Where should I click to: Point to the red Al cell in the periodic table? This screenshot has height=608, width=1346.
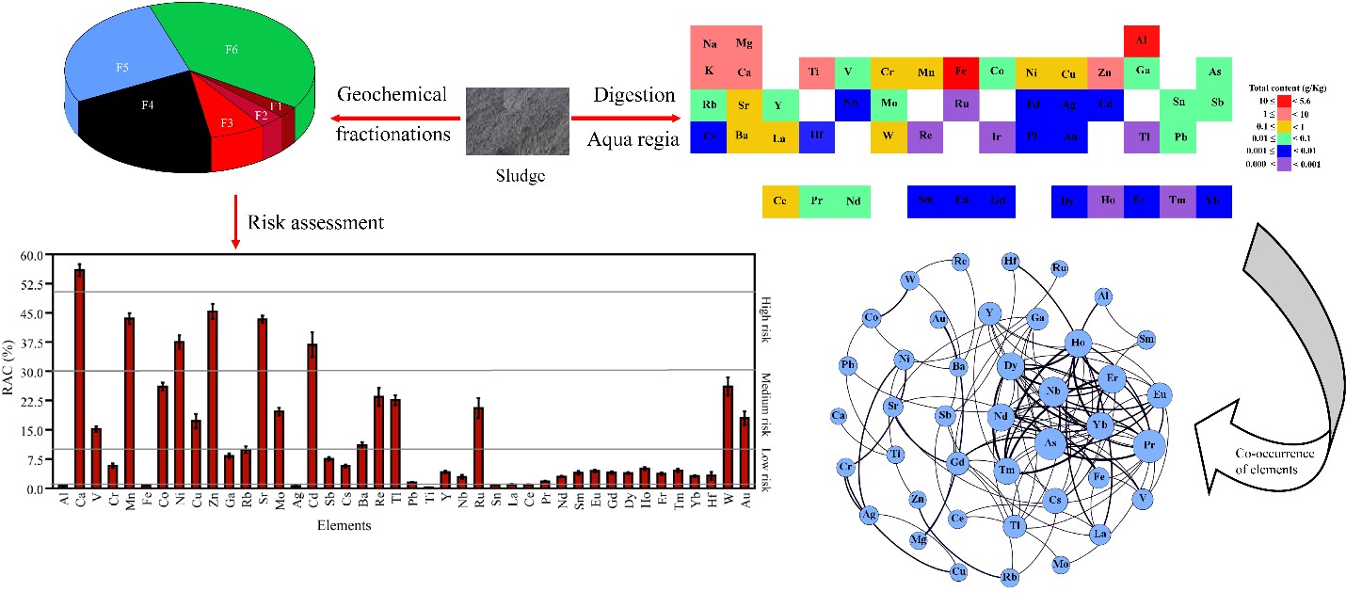1142,40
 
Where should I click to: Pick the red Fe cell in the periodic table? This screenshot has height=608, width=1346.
960,72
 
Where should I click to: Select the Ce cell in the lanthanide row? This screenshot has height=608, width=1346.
780,201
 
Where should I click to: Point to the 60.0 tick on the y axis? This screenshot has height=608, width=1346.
32,254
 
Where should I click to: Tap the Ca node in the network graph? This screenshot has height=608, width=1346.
838,415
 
